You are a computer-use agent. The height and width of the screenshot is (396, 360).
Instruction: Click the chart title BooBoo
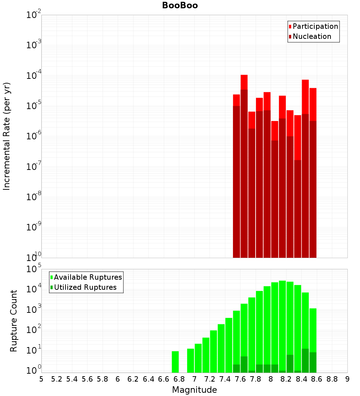pos(180,5)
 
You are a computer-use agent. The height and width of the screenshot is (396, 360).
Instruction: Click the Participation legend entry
pos(315,26)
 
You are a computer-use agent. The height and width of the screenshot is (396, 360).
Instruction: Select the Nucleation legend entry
pos(312,36)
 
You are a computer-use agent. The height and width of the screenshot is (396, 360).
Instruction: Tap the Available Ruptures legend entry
pos(88,277)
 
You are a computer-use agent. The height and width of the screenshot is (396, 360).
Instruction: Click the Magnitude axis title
pos(194,390)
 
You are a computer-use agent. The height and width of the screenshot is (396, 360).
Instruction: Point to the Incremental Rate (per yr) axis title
pos(7,136)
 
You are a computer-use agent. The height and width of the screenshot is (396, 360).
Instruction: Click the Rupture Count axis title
pos(14,321)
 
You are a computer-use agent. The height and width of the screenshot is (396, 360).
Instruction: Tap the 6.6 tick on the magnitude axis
pos(163,379)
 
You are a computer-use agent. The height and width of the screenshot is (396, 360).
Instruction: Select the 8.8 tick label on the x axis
pos(332,379)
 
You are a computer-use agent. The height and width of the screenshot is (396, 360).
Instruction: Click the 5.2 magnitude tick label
pos(57,379)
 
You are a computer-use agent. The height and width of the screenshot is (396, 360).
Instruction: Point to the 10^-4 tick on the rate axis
pos(34,76)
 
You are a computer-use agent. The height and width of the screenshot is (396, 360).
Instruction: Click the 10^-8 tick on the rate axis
pos(34,197)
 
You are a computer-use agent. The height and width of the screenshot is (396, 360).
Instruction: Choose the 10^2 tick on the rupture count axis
pos(34,330)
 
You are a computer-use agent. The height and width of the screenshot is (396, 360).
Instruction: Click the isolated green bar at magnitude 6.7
pos(175,362)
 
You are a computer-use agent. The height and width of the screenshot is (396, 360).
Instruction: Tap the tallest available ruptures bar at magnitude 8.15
pos(282,324)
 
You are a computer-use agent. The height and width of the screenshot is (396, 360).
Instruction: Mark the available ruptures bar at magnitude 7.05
pos(198,358)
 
